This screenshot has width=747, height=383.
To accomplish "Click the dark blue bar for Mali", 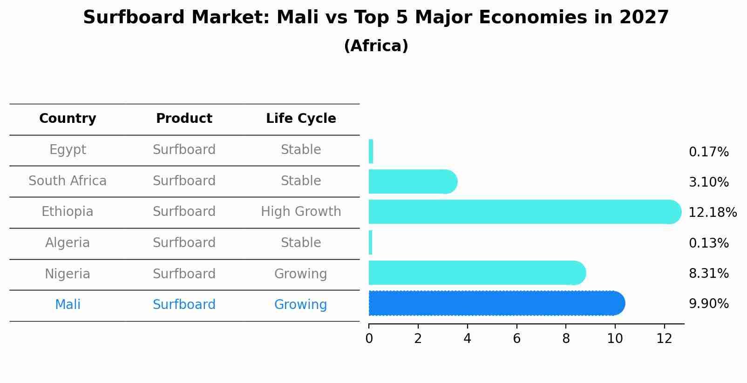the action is tap(496, 303).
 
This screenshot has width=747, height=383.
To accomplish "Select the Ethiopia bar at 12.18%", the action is tap(525, 212).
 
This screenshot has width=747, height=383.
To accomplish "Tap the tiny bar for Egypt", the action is tap(371, 151).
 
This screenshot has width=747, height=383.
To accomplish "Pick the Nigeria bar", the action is tap(477, 273).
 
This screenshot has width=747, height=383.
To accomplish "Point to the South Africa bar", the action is tap(413, 181).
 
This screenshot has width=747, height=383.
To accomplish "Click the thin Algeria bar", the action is tap(370, 242).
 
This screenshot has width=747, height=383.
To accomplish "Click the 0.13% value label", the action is tap(709, 243).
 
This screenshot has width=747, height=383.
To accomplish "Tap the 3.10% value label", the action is tap(709, 182).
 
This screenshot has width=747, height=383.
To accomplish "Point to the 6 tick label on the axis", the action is tap(516, 338).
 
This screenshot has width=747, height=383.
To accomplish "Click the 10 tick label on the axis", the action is tap(615, 338).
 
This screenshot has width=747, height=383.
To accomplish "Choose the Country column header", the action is tap(68, 118).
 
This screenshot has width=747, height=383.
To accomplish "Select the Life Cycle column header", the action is tap(301, 118).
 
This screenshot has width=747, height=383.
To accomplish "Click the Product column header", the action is tap(184, 118).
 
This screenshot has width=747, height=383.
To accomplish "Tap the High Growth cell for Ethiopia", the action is tap(301, 211).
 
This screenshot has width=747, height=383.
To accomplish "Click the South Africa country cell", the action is tap(68, 181).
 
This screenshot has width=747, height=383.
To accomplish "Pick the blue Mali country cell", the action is tap(68, 304).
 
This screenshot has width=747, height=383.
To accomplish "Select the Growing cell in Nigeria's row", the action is tap(300, 274).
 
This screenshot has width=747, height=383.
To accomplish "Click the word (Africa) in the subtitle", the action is tap(376, 46).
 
